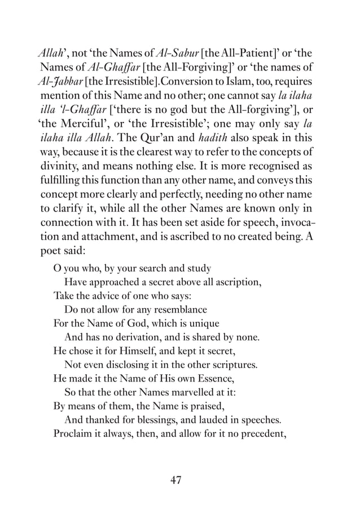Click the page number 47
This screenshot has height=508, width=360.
click(x=175, y=480)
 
